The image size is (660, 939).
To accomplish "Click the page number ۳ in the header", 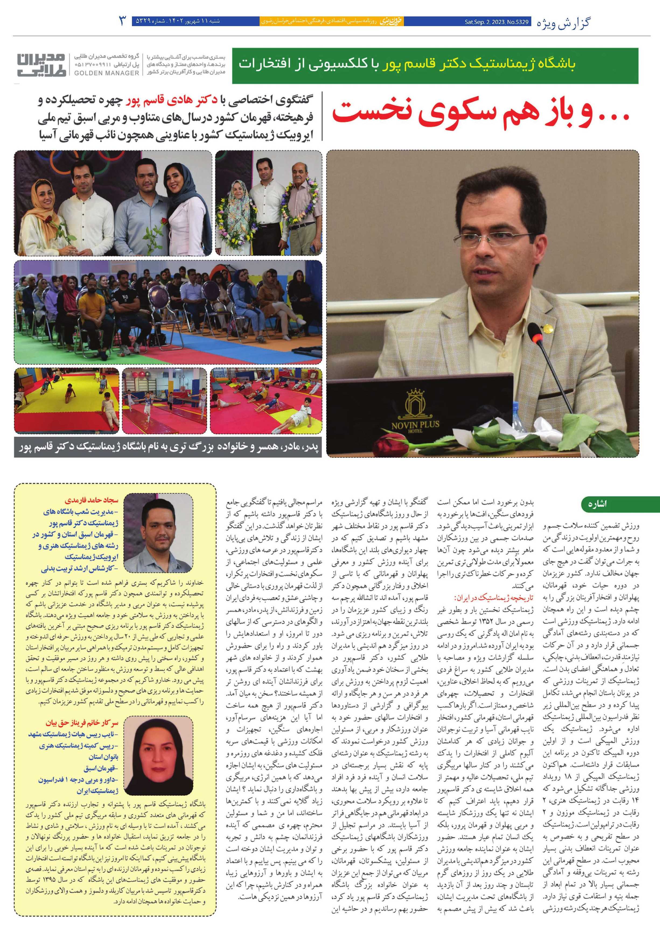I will [x=122, y=20].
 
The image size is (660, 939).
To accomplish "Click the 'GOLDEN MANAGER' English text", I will [x=106, y=73].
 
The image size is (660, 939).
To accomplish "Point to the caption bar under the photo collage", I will [x=168, y=447].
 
